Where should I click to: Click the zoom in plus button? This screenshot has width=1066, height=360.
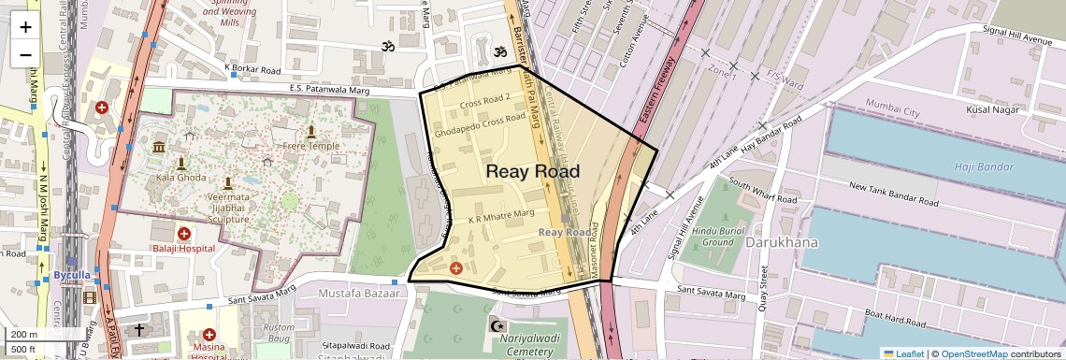(25, 26)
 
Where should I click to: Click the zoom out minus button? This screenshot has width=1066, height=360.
(25, 55)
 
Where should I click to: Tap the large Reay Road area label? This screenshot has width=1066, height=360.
(533, 172)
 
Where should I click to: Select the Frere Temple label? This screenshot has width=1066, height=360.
(311, 146)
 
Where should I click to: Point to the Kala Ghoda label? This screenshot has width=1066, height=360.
(181, 177)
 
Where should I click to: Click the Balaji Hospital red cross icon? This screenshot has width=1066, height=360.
(183, 233)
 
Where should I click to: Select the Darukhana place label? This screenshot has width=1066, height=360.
(782, 242)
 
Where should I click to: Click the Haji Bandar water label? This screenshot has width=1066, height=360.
(977, 166)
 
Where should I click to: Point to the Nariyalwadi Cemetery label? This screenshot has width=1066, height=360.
(529, 344)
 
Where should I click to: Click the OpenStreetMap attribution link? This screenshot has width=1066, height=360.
(976, 353)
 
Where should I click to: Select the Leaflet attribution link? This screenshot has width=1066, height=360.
(903, 353)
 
